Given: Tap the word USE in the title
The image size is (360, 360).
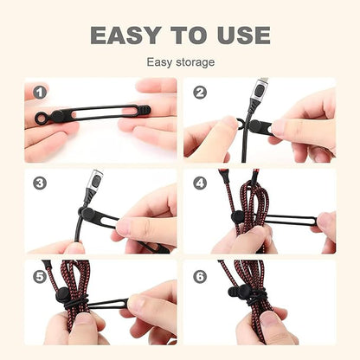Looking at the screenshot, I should click(x=237, y=35).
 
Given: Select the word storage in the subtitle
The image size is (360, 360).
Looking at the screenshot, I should click(x=196, y=62).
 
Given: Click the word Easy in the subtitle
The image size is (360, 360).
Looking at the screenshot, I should click(x=160, y=62).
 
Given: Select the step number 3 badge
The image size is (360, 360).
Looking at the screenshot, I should click(x=40, y=183).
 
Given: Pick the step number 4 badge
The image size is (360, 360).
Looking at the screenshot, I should click(x=200, y=183).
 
